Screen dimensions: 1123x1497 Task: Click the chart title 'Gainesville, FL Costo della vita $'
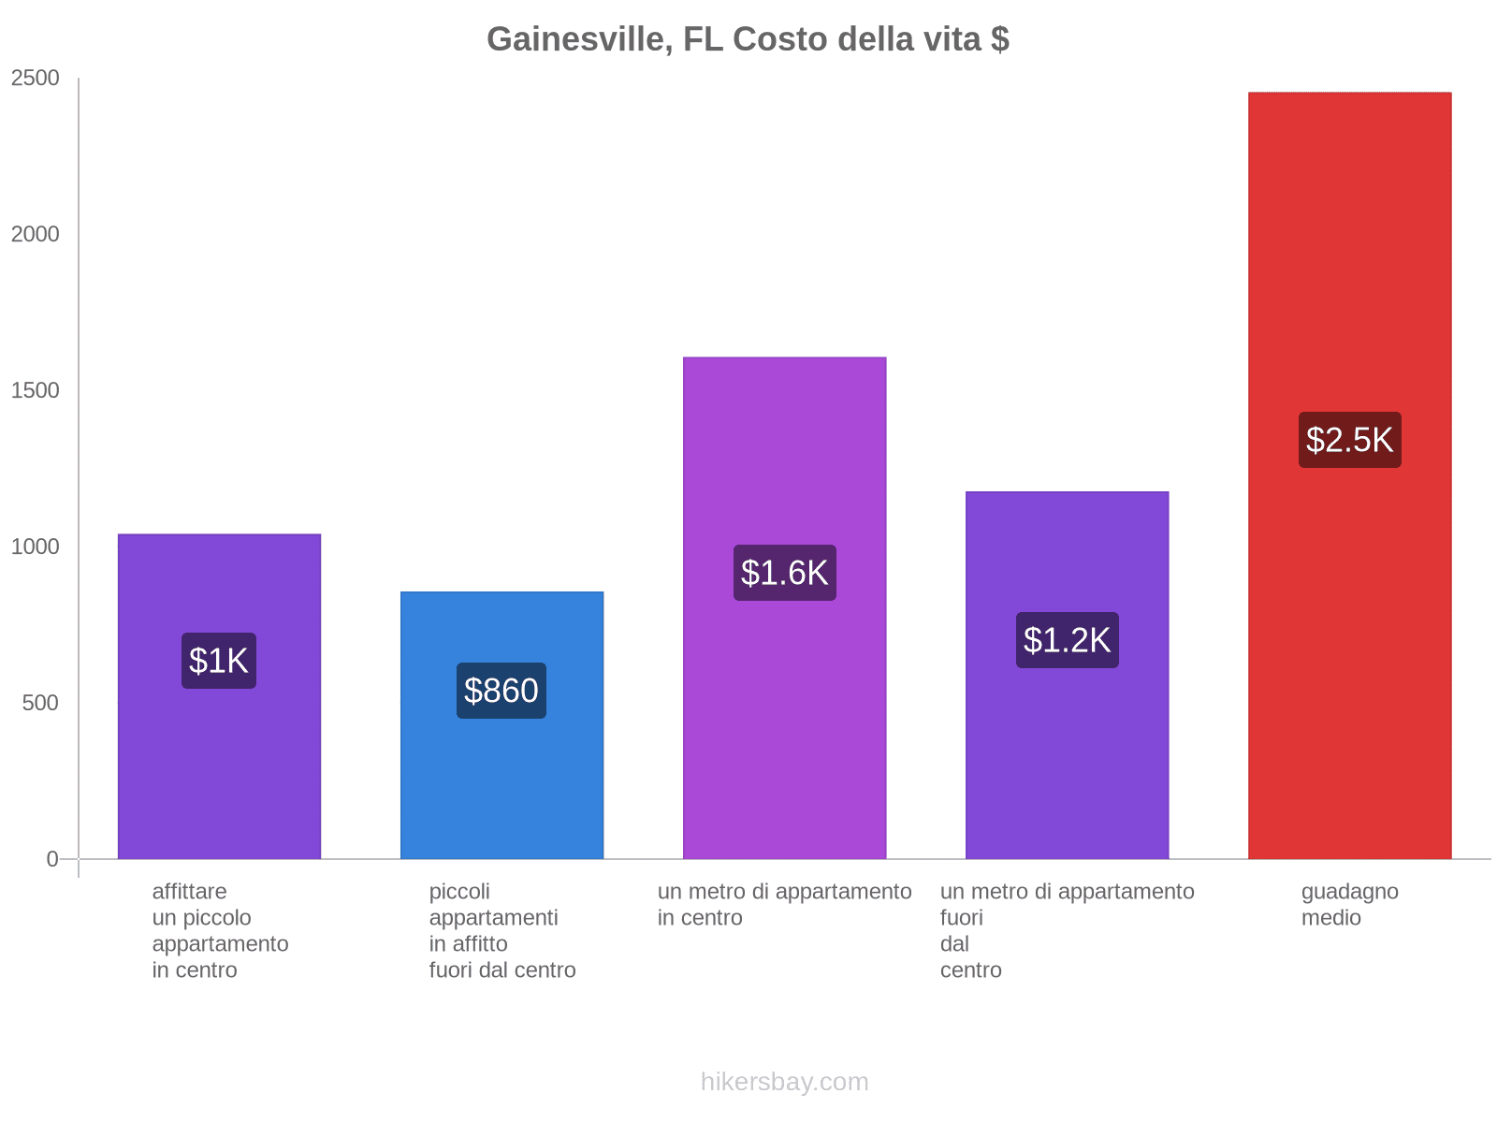click(748, 39)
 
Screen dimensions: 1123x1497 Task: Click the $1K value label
click(219, 661)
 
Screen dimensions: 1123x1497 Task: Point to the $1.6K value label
click(784, 573)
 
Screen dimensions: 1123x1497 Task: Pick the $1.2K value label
click(1067, 640)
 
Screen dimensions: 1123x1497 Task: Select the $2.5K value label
click(1349, 440)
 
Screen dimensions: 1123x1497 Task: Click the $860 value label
click(501, 691)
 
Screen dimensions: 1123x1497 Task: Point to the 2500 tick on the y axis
click(36, 79)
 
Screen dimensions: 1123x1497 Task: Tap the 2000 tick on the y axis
click(36, 235)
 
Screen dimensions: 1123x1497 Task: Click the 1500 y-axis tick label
click(36, 391)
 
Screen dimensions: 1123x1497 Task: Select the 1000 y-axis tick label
click(36, 547)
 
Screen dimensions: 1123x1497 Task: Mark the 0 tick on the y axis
click(52, 859)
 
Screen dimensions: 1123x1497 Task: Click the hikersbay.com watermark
click(784, 1082)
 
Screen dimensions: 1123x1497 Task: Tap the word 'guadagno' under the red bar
click(1349, 892)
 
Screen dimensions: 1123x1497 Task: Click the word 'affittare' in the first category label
click(189, 892)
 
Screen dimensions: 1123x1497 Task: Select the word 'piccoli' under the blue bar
click(459, 892)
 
